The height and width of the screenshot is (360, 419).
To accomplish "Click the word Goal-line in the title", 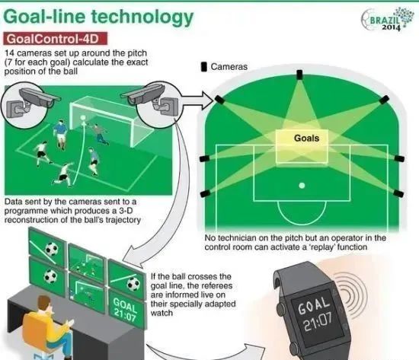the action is (45, 17).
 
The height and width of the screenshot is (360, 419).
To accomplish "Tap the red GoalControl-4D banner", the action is (56, 39).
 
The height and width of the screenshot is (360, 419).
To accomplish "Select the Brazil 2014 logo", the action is (385, 19).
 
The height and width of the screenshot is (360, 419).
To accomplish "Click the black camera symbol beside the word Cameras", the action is (204, 67).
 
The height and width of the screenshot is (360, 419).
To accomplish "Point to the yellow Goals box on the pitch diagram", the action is (302, 146).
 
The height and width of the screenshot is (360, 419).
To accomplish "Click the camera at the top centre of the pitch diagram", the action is (299, 75).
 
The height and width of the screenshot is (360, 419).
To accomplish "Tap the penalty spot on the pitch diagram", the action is (302, 186).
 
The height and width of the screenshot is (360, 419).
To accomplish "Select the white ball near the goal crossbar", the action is (83, 118).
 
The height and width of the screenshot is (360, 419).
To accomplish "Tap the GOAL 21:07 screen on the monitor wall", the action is (125, 310).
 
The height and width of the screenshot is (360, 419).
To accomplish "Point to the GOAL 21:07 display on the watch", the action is (315, 314).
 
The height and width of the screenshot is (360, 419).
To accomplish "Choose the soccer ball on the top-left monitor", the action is (52, 249).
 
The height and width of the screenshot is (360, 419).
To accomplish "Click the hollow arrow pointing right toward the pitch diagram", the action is (198, 100).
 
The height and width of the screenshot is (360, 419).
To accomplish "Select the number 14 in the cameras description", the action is (10, 53).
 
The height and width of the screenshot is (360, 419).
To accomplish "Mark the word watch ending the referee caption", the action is (162, 313).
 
